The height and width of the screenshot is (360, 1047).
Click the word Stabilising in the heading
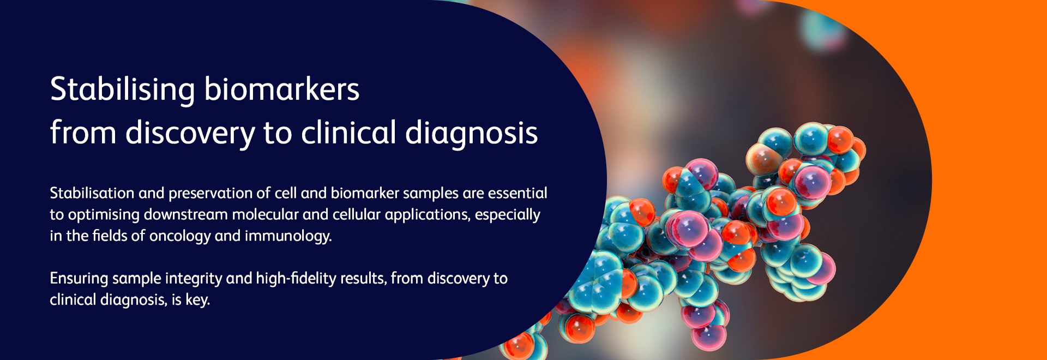pos(123,90)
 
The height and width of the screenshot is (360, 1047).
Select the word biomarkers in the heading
pos(282,89)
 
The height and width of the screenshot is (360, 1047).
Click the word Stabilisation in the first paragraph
pos(92,193)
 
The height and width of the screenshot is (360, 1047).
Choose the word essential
pos(518,193)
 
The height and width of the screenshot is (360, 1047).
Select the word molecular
pos(266,214)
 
